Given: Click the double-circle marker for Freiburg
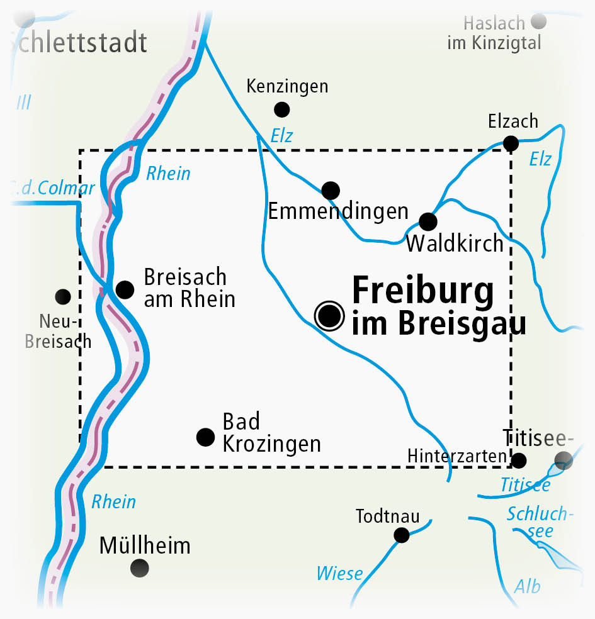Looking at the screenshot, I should click(x=330, y=316).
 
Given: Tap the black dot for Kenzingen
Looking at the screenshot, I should click(x=282, y=109).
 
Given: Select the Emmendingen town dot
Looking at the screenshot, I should click(x=330, y=190).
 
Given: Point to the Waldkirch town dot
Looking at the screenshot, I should click(x=428, y=221).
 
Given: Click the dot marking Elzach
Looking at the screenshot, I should click(x=511, y=143).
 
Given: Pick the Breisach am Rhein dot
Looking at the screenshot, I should click(x=125, y=289).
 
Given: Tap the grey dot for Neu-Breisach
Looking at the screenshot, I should click(x=63, y=296).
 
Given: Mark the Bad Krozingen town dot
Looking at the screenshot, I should click(x=205, y=437).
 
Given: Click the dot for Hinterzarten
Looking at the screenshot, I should click(x=518, y=460).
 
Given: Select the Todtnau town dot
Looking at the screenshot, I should click(x=401, y=535).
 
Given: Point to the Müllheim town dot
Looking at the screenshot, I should click(x=140, y=568).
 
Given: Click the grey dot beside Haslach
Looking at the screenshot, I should click(x=538, y=23).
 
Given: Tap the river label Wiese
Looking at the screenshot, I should click(x=339, y=573).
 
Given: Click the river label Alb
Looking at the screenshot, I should click(x=527, y=586).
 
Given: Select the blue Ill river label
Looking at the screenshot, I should click(x=23, y=102).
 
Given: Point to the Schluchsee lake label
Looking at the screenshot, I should click(x=540, y=522).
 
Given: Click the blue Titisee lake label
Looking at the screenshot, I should click(x=525, y=485).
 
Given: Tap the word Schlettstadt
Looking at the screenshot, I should click(x=79, y=43).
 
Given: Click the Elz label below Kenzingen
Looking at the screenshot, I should click(x=281, y=135).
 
